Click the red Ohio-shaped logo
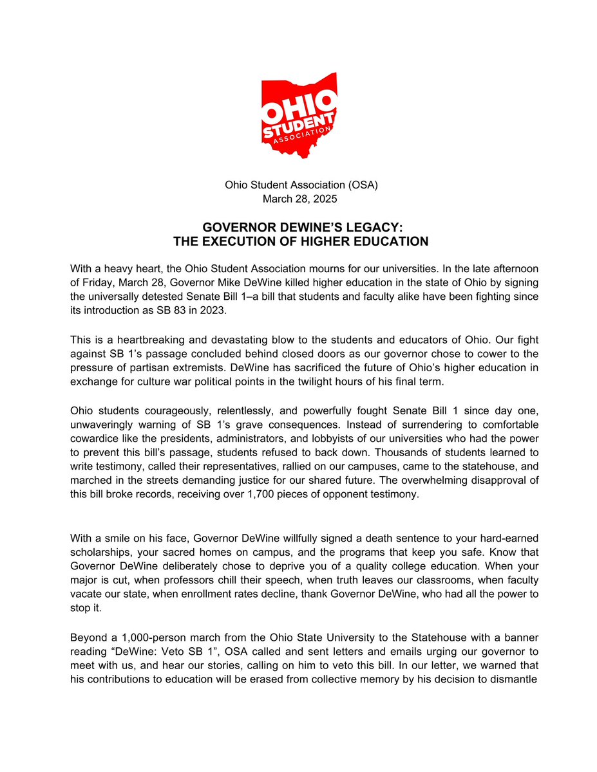(x=299, y=116)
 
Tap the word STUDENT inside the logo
(x=299, y=123)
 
